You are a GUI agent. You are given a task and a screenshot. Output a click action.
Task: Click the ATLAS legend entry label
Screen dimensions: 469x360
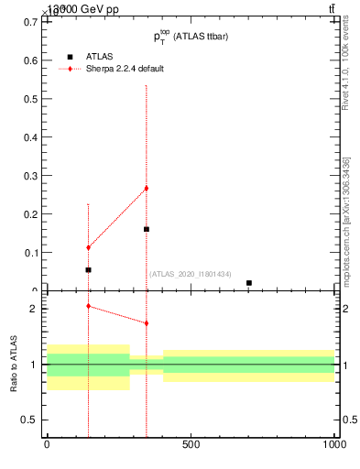[99, 56]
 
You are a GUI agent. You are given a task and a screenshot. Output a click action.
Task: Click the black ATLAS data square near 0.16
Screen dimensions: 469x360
[146, 229]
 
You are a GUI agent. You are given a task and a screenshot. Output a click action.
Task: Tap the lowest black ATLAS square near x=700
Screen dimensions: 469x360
[249, 283]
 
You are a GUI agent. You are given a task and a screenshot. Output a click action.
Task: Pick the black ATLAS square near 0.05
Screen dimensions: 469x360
[88, 270]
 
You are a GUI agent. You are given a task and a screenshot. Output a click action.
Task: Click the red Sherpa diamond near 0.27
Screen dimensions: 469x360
[146, 188]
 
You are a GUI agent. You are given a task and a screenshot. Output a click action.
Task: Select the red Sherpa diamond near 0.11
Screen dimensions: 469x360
[88, 247]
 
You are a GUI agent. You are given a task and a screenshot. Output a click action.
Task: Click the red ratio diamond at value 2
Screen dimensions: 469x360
[88, 306]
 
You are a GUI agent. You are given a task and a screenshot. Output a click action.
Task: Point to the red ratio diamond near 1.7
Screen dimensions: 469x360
[146, 323]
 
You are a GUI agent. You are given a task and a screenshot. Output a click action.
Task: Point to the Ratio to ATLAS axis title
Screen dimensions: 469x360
[14, 364]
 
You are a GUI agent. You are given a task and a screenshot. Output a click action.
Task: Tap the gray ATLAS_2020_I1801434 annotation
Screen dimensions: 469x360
[191, 274]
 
